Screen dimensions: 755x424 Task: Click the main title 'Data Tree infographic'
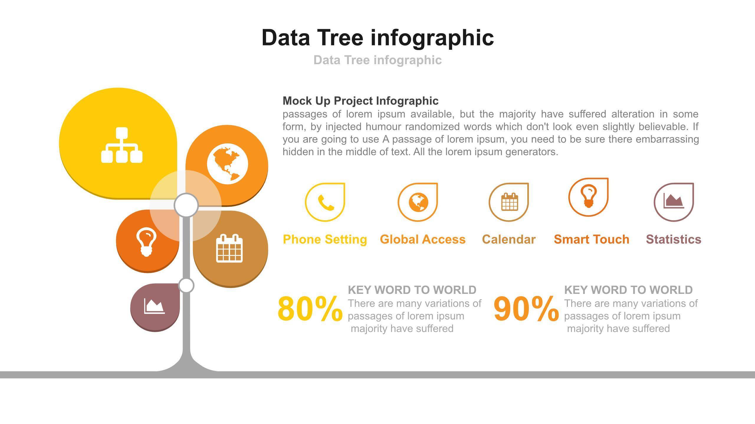(x=377, y=38)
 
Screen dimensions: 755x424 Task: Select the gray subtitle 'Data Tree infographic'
(x=377, y=60)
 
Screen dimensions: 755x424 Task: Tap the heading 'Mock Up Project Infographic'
(x=360, y=101)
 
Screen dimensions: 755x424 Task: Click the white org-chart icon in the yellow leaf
(x=122, y=145)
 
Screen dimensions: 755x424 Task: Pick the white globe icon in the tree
(x=227, y=164)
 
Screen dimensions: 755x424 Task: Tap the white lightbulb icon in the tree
(x=146, y=243)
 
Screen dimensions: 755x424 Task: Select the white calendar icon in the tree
(x=229, y=248)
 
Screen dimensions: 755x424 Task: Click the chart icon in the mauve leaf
(x=154, y=306)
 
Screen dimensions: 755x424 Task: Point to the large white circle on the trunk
(x=186, y=205)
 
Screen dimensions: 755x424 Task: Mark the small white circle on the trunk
(x=186, y=285)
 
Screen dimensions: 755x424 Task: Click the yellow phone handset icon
(x=326, y=203)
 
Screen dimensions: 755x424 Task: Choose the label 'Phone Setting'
(x=325, y=239)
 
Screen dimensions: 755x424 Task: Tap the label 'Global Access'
(x=423, y=239)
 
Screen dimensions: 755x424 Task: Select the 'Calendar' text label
(x=509, y=239)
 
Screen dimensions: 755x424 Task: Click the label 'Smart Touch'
(x=592, y=239)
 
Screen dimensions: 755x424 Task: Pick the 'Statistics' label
(x=674, y=239)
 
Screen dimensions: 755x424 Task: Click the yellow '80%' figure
(x=310, y=309)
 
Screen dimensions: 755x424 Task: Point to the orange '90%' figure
(x=526, y=309)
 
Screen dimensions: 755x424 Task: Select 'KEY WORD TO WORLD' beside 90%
(x=628, y=290)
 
